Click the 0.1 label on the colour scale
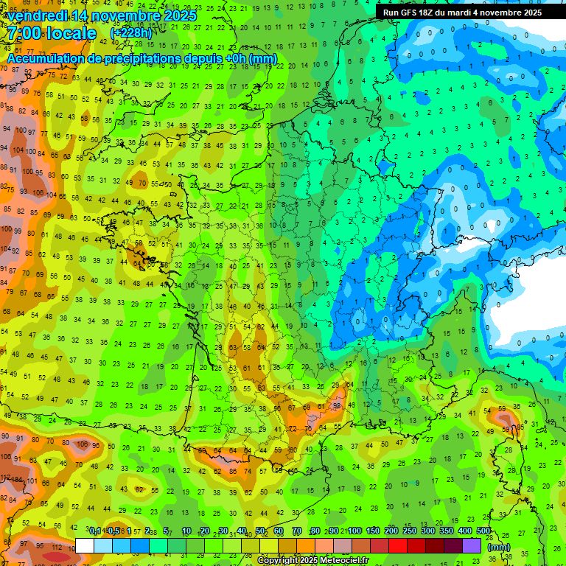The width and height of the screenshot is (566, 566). [x=95, y=531]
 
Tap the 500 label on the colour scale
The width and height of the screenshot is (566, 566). [x=483, y=531]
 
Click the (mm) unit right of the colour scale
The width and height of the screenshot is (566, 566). [x=500, y=547]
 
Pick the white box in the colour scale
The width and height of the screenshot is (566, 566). [x=85, y=545]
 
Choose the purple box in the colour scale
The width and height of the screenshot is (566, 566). [x=472, y=545]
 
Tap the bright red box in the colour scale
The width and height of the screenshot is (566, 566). [x=398, y=545]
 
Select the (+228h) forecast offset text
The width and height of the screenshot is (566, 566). [x=133, y=33]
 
